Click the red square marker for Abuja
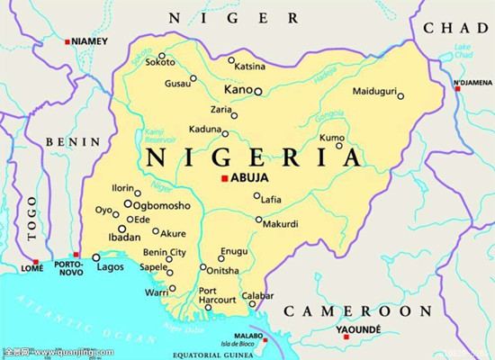(x=225, y=178)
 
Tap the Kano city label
(x=238, y=91)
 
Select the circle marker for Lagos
(x=96, y=257)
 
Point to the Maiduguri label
(x=373, y=93)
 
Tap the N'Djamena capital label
(x=472, y=83)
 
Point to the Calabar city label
(x=256, y=296)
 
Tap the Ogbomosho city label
(x=162, y=205)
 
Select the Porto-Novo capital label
(x=70, y=268)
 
